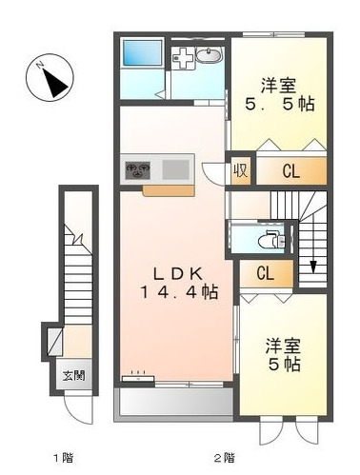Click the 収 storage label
[x=244, y=172]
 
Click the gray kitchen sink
[x=176, y=170]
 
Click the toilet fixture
[x=271, y=239]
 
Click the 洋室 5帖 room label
[x=284, y=354]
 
